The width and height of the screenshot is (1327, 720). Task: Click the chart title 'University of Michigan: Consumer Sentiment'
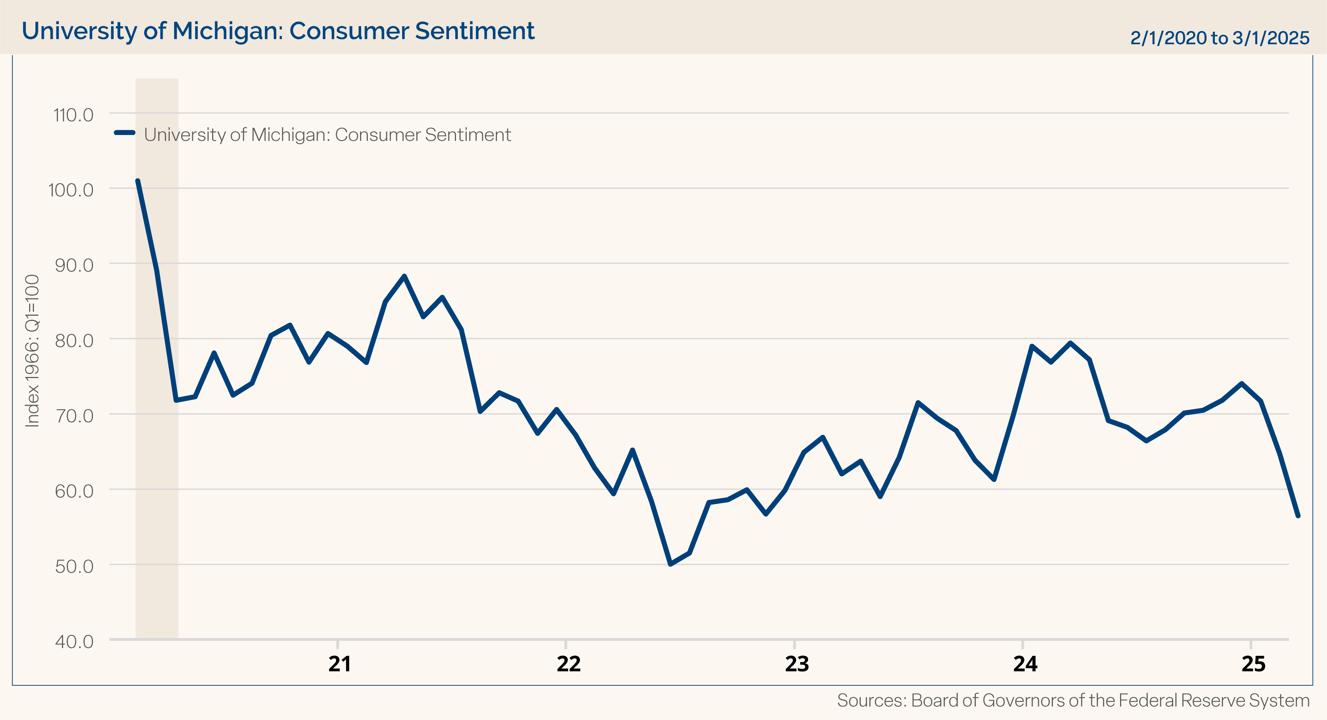pyautogui.click(x=278, y=31)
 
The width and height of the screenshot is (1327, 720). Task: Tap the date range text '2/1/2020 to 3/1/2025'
pyautogui.click(x=1219, y=38)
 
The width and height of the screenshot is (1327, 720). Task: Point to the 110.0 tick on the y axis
pyautogui.click(x=74, y=115)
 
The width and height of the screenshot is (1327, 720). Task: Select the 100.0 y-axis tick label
pyautogui.click(x=71, y=190)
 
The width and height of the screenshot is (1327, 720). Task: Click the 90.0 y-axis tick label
pyautogui.click(x=74, y=265)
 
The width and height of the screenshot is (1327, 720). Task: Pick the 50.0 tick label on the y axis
pyautogui.click(x=74, y=567)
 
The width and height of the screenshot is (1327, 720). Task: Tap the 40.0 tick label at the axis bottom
pyautogui.click(x=74, y=642)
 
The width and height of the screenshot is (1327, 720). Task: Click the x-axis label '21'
pyautogui.click(x=339, y=664)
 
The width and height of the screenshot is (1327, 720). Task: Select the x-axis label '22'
pyautogui.click(x=568, y=664)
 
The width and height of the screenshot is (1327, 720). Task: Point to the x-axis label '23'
pyautogui.click(x=796, y=664)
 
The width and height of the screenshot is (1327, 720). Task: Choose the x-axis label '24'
pyautogui.click(x=1025, y=664)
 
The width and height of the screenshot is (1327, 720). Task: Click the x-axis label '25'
pyautogui.click(x=1253, y=664)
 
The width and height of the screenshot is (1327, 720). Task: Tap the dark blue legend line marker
pyautogui.click(x=125, y=133)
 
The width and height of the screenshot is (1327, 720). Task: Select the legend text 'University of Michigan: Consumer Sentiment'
pyautogui.click(x=327, y=135)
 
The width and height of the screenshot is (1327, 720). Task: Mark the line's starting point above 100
pyautogui.click(x=138, y=181)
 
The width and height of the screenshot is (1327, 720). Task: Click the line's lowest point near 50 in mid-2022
pyautogui.click(x=670, y=564)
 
